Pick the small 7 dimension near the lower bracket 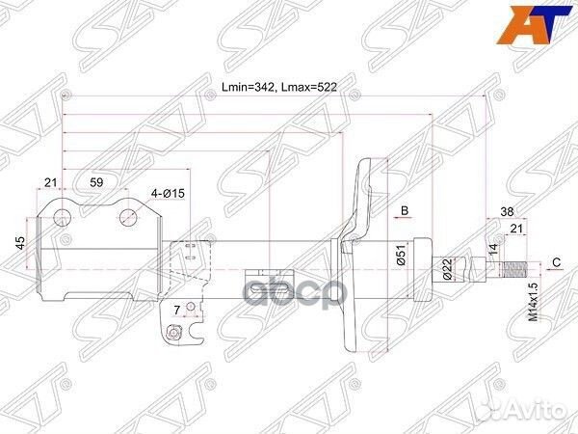(177, 309)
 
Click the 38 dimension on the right (506, 213)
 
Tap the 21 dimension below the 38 (515, 229)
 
